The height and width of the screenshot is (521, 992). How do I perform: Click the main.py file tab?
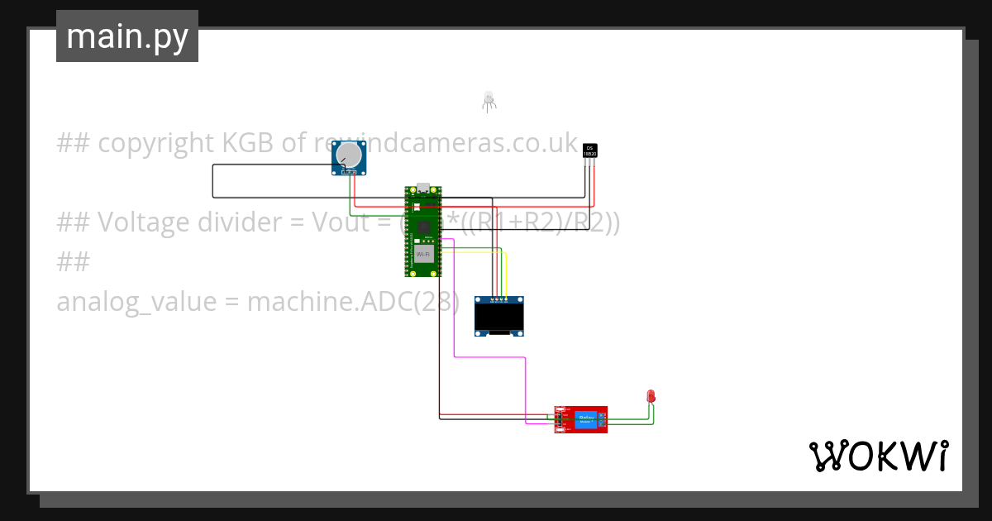[126, 36]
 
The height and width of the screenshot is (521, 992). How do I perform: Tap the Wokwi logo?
[878, 456]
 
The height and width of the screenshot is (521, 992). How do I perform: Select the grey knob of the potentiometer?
[351, 155]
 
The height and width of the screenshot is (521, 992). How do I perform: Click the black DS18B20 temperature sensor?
[589, 150]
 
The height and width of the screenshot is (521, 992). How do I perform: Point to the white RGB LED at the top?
[489, 99]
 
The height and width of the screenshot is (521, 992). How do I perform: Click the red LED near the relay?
[651, 396]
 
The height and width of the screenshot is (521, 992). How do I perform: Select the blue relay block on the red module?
[588, 419]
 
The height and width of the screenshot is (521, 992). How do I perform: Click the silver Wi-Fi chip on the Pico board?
[423, 253]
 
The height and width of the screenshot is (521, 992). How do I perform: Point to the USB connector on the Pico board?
[423, 188]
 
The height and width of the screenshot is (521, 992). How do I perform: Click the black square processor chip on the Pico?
[423, 226]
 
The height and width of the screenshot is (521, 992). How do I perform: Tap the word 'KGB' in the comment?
[249, 143]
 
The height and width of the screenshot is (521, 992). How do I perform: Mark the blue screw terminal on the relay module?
[603, 419]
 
